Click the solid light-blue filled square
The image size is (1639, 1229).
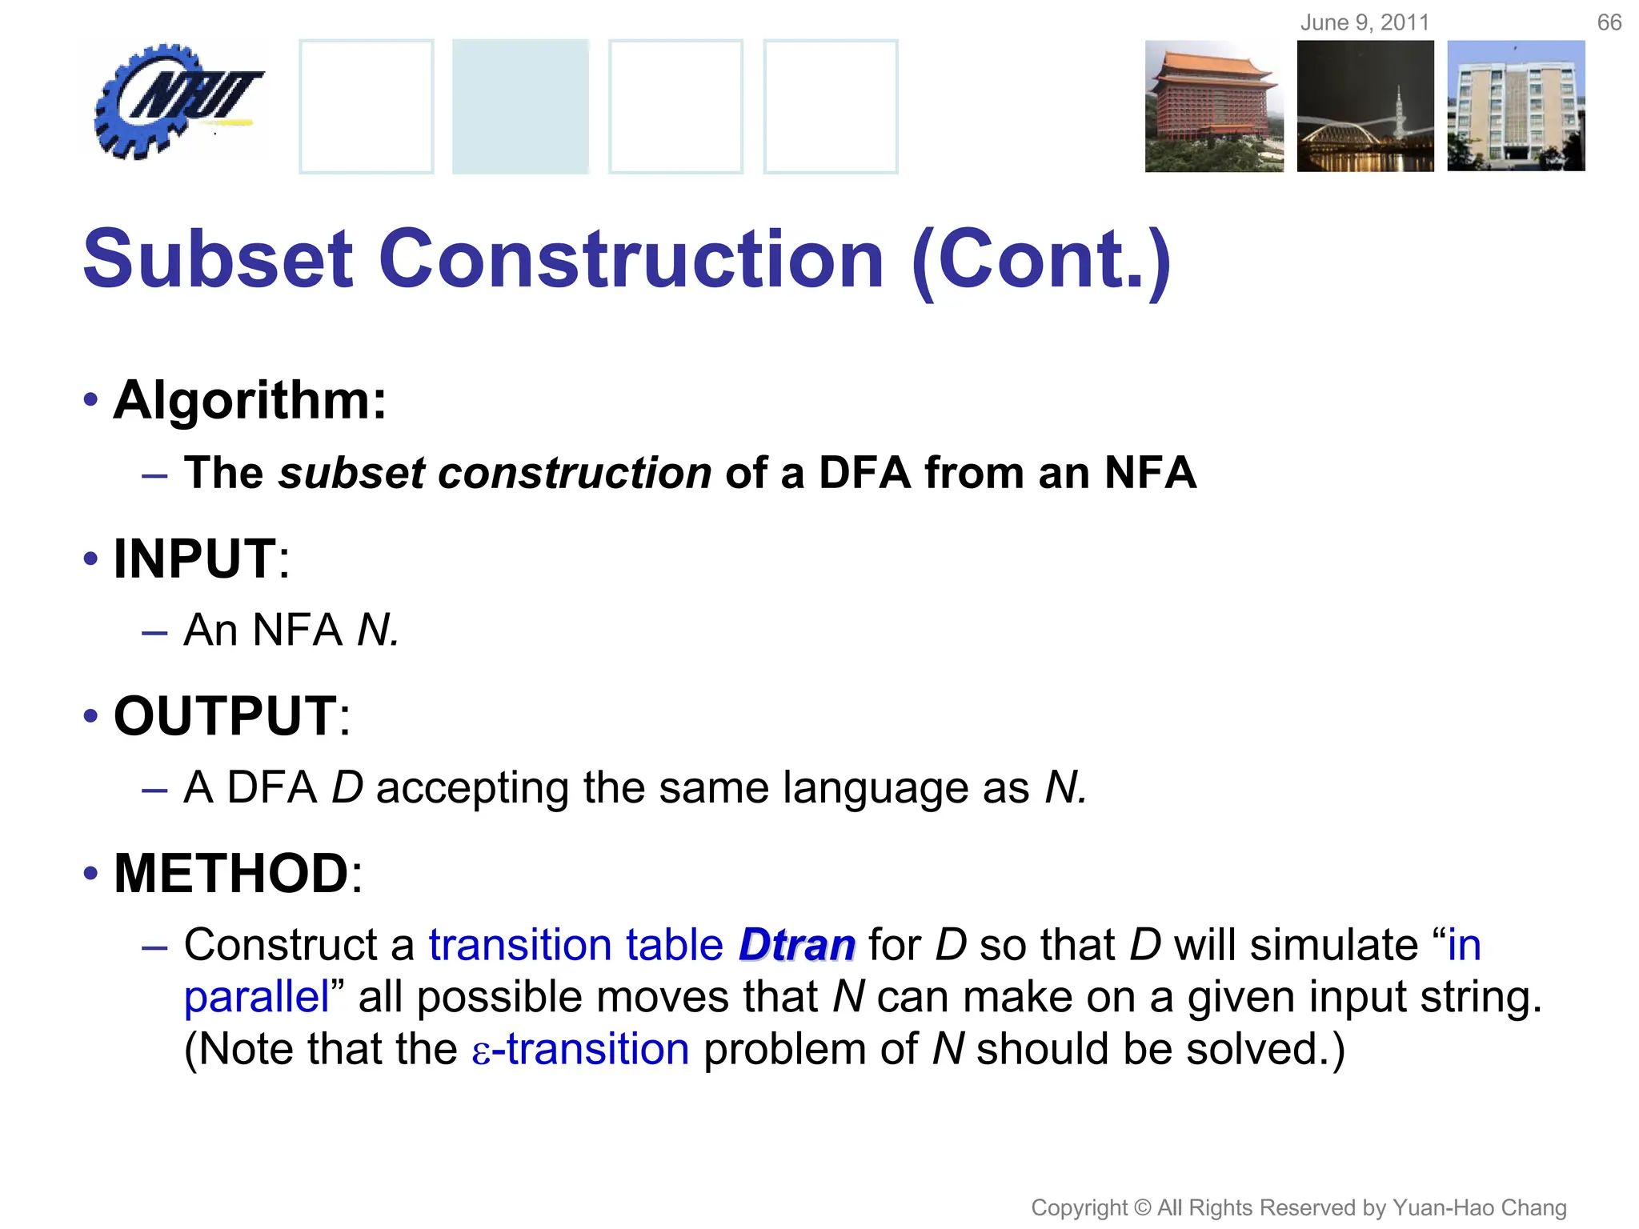tap(520, 106)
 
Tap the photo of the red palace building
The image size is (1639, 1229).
tap(1213, 106)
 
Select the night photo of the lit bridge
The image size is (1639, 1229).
tap(1365, 106)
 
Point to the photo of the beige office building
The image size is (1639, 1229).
tap(1516, 106)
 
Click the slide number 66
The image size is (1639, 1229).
tap(1609, 22)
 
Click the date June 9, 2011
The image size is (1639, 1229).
tap(1364, 22)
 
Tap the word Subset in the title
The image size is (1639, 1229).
tap(218, 259)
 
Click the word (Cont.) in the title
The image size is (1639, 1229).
tap(1041, 259)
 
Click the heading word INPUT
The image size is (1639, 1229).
tap(195, 558)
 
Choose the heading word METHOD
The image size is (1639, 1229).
tap(231, 873)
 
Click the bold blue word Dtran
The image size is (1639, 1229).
tap(797, 945)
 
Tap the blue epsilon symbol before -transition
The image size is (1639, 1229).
tap(480, 1051)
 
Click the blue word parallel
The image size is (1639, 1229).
tap(256, 998)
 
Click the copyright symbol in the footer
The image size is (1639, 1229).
tap(1144, 1207)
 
